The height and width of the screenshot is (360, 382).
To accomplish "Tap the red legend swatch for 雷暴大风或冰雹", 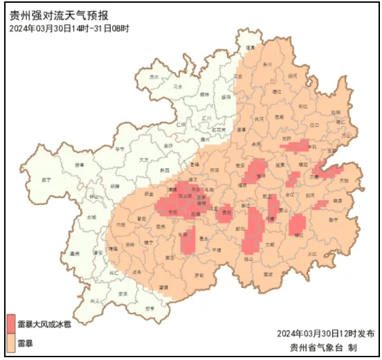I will [x=11, y=323].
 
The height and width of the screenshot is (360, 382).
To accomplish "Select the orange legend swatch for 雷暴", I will [x=11, y=343].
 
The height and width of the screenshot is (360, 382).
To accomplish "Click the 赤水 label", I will [x=154, y=77].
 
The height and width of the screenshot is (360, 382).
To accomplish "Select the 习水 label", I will [x=178, y=87].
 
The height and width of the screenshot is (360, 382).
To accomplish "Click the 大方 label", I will [x=144, y=160].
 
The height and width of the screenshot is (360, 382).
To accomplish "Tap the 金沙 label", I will [x=168, y=146].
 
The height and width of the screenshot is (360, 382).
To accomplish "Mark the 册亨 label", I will [x=151, y=308].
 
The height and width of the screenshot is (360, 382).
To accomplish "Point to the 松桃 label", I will [x=335, y=111].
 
